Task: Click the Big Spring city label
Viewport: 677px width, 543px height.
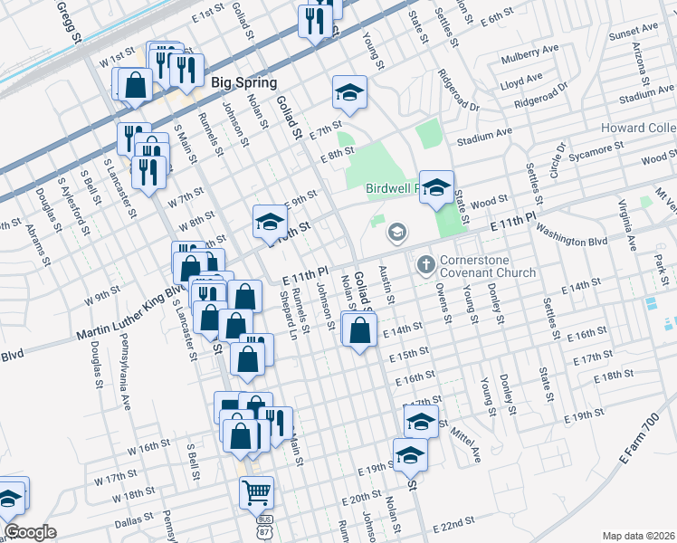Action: (x=243, y=82)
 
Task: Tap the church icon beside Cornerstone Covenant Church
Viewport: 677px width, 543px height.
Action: (x=425, y=265)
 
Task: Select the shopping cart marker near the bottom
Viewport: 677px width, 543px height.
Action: (x=257, y=494)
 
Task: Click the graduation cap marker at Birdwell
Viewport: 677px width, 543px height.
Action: (x=437, y=187)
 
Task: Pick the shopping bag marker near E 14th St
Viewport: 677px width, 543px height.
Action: (x=359, y=330)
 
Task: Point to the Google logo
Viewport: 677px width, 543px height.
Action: (x=30, y=532)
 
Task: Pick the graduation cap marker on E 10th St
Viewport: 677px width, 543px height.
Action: (x=269, y=222)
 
